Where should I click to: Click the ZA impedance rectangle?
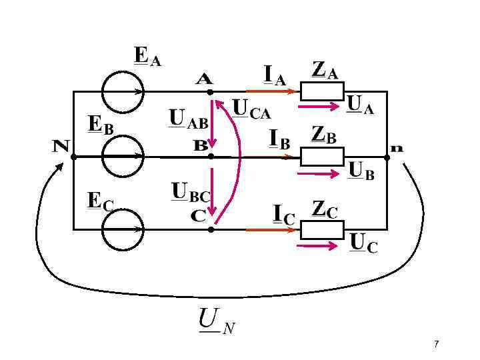(x=321, y=91)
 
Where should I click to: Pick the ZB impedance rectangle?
(x=321, y=157)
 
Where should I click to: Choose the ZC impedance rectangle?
(x=321, y=229)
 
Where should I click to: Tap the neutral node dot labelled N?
(x=73, y=157)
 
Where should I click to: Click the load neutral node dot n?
(x=387, y=157)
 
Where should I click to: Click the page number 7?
(x=436, y=344)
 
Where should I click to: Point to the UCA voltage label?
(x=251, y=109)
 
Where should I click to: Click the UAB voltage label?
(x=188, y=119)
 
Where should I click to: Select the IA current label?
(x=274, y=75)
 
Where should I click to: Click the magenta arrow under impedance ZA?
(x=318, y=106)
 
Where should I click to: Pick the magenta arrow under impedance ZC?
(x=318, y=245)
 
